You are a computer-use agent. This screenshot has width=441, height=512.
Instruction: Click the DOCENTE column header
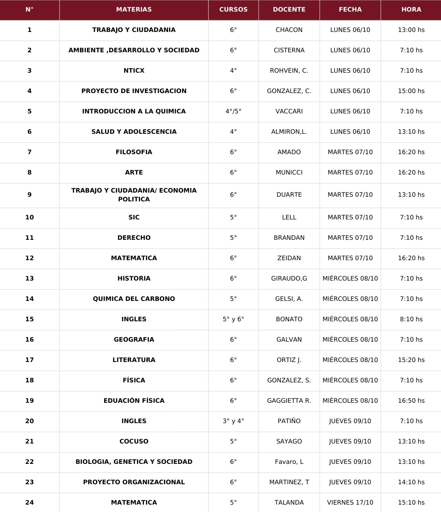tap(289, 9)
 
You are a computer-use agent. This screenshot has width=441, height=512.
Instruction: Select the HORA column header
tap(411, 9)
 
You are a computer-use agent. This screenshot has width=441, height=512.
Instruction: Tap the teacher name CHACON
tap(289, 30)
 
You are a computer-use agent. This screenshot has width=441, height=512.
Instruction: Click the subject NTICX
tap(134, 71)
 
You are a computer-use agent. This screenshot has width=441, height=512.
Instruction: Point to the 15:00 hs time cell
tap(411, 91)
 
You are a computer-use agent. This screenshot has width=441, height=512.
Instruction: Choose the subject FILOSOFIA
tap(134, 152)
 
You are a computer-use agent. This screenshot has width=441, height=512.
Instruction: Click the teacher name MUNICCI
tap(289, 173)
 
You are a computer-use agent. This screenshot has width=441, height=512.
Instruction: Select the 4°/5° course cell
tap(233, 112)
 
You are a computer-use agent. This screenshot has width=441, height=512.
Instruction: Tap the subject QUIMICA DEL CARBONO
tap(134, 299)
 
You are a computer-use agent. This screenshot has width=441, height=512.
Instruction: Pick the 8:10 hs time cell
tap(411, 319)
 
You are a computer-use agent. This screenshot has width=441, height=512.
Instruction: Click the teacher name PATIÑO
tap(289, 421)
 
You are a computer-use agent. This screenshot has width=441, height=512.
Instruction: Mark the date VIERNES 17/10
tap(350, 503)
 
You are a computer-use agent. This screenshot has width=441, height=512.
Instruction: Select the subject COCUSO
tap(134, 442)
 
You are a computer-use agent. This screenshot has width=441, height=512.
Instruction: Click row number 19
tap(30, 401)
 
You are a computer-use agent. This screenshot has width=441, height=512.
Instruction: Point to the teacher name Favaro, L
tap(289, 462)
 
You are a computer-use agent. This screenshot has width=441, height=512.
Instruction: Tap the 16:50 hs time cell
tap(411, 401)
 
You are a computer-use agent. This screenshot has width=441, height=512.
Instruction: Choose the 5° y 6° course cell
tap(233, 319)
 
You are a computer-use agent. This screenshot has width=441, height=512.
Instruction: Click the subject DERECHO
tap(134, 238)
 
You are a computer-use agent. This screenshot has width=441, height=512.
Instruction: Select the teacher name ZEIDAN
tap(289, 258)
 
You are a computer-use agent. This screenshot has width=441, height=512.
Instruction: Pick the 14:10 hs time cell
tap(411, 482)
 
